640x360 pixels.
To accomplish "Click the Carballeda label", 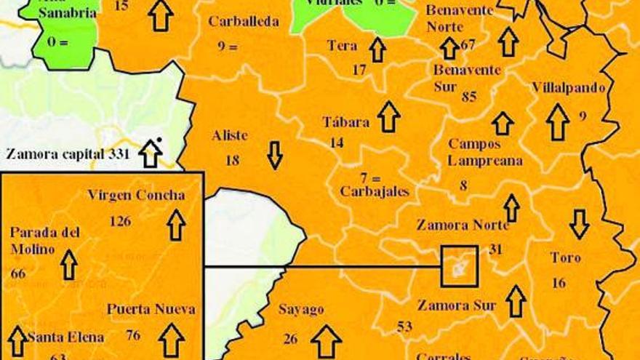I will pyautogui.click(x=243, y=22).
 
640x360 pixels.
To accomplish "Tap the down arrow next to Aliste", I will pyautogui.click(x=274, y=155).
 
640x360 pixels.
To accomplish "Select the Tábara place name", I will pyautogui.click(x=345, y=122).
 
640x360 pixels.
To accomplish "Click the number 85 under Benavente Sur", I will pyautogui.click(x=469, y=96).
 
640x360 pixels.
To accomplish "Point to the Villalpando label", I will pyautogui.click(x=568, y=88).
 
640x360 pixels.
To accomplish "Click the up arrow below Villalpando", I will pyautogui.click(x=558, y=121).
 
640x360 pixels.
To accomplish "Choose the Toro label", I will pyautogui.click(x=565, y=258).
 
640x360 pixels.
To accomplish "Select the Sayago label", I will pyautogui.click(x=301, y=310).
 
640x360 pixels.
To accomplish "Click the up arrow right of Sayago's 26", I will pyautogui.click(x=327, y=340).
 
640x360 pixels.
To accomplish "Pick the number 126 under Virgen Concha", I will pyautogui.click(x=120, y=220).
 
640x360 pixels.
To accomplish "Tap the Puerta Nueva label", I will pyautogui.click(x=151, y=309).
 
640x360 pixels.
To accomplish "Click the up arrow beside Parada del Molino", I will pyautogui.click(x=69, y=265).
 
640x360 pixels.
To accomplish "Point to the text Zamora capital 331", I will pyautogui.click(x=67, y=153).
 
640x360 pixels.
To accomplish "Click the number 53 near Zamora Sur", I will pyautogui.click(x=404, y=327).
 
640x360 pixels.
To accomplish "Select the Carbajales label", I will pyautogui.click(x=375, y=192).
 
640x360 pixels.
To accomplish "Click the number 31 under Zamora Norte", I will pyautogui.click(x=495, y=249).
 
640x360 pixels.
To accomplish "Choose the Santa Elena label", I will pyautogui.click(x=65, y=337).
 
